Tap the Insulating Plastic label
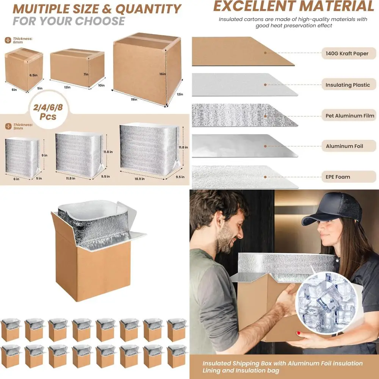[347, 85]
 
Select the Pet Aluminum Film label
[349, 116]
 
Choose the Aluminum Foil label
[344, 146]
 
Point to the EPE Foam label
[338, 177]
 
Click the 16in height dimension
[163, 74]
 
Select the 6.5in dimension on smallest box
[33, 75]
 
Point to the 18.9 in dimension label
[139, 179]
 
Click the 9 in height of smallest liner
[45, 155]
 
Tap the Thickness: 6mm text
[22, 40]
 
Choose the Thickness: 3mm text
[22, 126]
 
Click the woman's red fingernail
[298, 333]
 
